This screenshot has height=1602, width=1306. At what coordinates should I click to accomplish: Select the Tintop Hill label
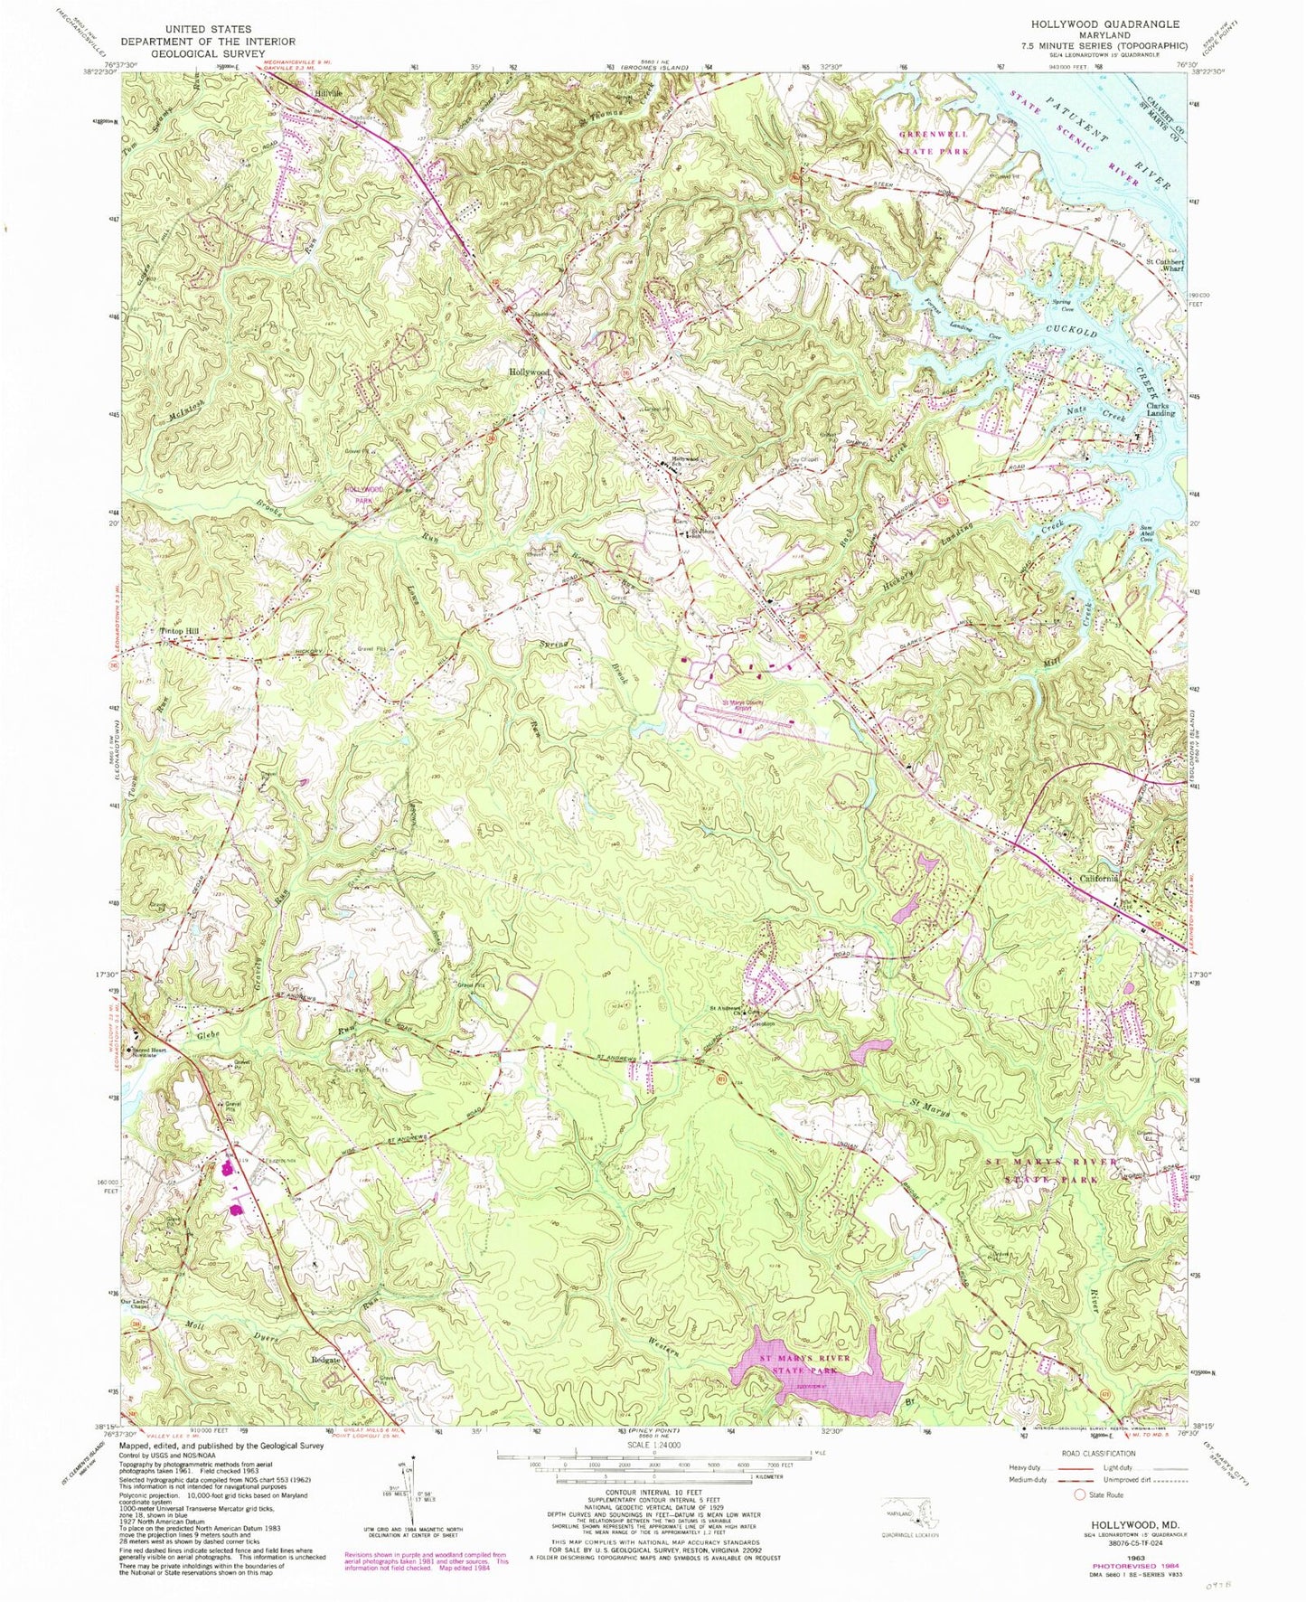click(x=178, y=631)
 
